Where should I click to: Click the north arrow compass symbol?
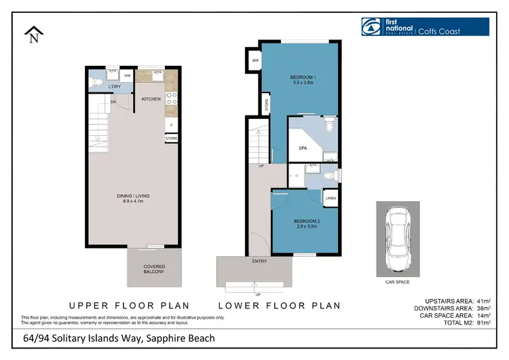coord(33,34)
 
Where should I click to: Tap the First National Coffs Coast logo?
coord(425,26)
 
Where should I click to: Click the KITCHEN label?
coord(151,99)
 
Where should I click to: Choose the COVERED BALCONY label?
coord(154,269)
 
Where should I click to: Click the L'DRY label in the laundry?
coord(115,86)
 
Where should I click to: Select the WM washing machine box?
coord(127,75)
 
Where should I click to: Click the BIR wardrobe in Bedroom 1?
coord(255,60)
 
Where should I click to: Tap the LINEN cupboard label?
coord(330,198)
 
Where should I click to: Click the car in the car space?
coord(398,232)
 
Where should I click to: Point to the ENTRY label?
coord(259,261)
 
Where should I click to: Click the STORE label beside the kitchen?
coord(172,139)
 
